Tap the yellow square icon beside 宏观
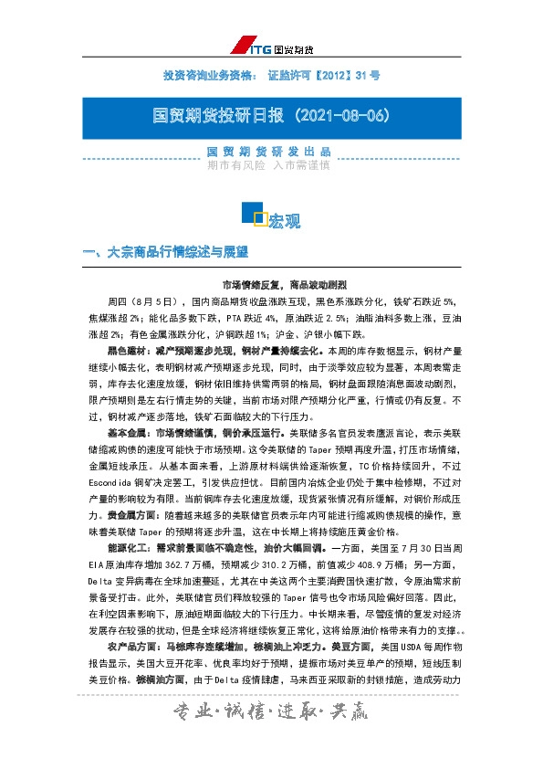point(259,218)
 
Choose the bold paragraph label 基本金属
point(127,431)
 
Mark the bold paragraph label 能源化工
point(127,547)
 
